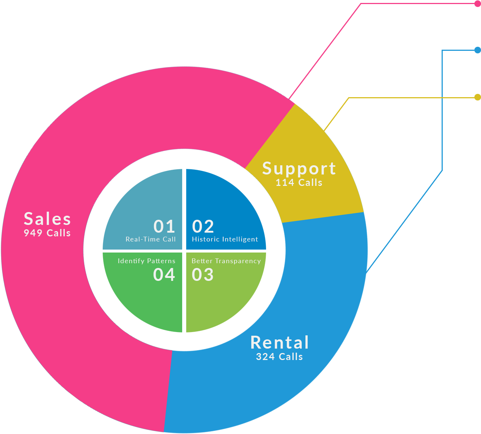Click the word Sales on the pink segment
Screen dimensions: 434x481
[x=47, y=219]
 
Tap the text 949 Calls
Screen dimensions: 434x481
[x=47, y=233]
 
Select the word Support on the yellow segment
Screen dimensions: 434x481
[x=299, y=169]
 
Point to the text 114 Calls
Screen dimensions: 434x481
[x=299, y=183]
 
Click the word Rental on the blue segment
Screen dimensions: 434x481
[x=280, y=343]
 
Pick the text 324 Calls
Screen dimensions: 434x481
[x=280, y=357]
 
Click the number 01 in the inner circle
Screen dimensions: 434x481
[x=164, y=227]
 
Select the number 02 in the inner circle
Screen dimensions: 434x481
[x=203, y=227]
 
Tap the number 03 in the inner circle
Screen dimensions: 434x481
[x=203, y=275]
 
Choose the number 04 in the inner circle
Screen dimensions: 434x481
[x=164, y=275]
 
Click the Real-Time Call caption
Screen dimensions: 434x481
[x=151, y=239]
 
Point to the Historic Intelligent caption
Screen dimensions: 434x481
[x=225, y=239]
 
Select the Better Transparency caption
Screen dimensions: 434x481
[x=226, y=261]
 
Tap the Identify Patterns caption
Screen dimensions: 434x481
[x=146, y=261]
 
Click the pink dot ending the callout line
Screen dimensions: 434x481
[x=477, y=4]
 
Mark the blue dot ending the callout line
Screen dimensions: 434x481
[x=477, y=50]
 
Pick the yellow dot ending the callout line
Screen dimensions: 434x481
[x=477, y=97]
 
